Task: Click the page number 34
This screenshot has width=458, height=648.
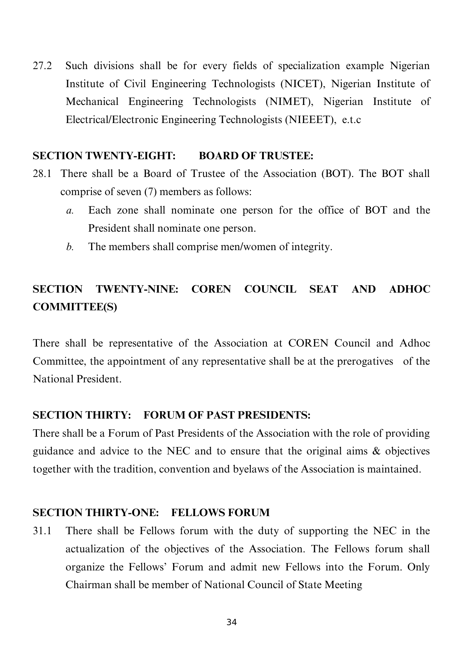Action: (231, 623)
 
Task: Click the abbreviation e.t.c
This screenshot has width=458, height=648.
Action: (351, 120)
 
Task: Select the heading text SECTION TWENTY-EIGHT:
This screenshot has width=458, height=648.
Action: (104, 156)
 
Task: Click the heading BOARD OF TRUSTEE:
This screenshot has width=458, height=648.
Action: (256, 156)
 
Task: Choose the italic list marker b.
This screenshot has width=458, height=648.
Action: (70, 247)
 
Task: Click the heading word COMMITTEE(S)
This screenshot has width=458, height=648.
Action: (75, 307)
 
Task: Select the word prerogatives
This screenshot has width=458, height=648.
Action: (365, 361)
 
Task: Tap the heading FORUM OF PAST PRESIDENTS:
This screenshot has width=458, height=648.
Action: (227, 416)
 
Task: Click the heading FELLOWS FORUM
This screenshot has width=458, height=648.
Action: (220, 513)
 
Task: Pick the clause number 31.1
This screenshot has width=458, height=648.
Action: (42, 531)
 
